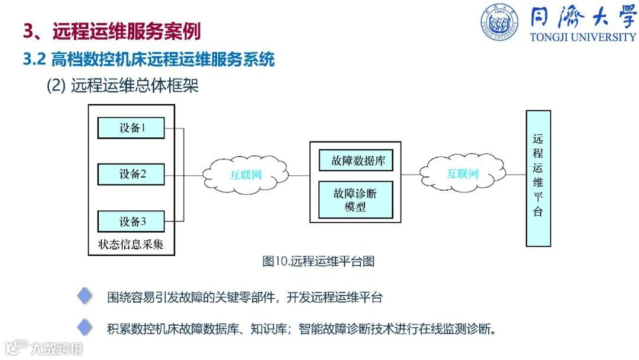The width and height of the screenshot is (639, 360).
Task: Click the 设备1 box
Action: pyautogui.click(x=131, y=127)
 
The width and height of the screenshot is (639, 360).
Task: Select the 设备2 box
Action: pyautogui.click(x=131, y=174)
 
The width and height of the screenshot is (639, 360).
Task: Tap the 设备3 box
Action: pyautogui.click(x=131, y=221)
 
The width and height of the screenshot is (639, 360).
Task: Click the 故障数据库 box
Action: pyautogui.click(x=356, y=160)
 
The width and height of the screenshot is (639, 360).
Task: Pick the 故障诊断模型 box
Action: pyautogui.click(x=356, y=200)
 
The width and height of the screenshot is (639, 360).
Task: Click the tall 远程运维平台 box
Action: pyautogui.click(x=538, y=178)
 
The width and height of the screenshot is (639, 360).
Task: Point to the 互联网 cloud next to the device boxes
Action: pyautogui.click(x=246, y=175)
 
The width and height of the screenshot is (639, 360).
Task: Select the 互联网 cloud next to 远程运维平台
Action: pyautogui.click(x=462, y=174)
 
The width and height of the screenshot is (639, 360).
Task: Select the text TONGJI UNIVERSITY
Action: pyautogui.click(x=582, y=37)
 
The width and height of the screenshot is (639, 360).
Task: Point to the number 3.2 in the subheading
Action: pyautogui.click(x=34, y=59)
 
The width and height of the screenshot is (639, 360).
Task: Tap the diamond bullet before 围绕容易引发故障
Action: pyautogui.click(x=85, y=297)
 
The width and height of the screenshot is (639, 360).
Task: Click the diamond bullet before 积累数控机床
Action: pyautogui.click(x=85, y=327)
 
